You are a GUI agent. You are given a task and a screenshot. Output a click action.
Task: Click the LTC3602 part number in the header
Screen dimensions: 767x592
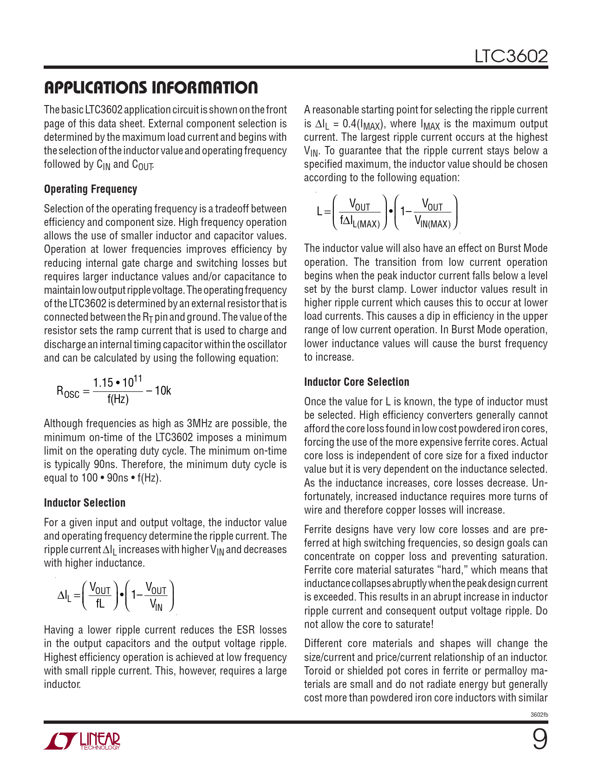click(511, 57)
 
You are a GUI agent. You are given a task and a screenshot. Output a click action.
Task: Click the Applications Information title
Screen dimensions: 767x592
click(150, 88)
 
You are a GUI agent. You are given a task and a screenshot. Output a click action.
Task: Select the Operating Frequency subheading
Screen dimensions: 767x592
click(91, 189)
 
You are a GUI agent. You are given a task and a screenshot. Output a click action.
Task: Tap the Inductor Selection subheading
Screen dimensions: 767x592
click(85, 503)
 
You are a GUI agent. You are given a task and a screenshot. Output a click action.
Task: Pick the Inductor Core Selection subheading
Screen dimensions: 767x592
click(357, 382)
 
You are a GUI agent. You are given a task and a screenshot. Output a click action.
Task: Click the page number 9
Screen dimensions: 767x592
click(539, 740)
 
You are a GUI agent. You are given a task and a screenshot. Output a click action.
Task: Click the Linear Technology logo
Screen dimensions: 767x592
click(82, 741)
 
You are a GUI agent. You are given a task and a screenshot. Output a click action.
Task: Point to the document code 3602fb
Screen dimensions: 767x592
click(539, 714)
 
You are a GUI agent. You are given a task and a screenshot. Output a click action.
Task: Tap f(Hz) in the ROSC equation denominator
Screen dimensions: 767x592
click(118, 399)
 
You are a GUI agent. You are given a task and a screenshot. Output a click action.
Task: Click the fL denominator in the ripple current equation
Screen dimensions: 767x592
click(100, 603)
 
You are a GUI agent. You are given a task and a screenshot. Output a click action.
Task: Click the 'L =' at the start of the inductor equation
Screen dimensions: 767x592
click(323, 212)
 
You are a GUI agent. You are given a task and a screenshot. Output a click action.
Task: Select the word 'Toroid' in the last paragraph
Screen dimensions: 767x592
click(319, 671)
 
